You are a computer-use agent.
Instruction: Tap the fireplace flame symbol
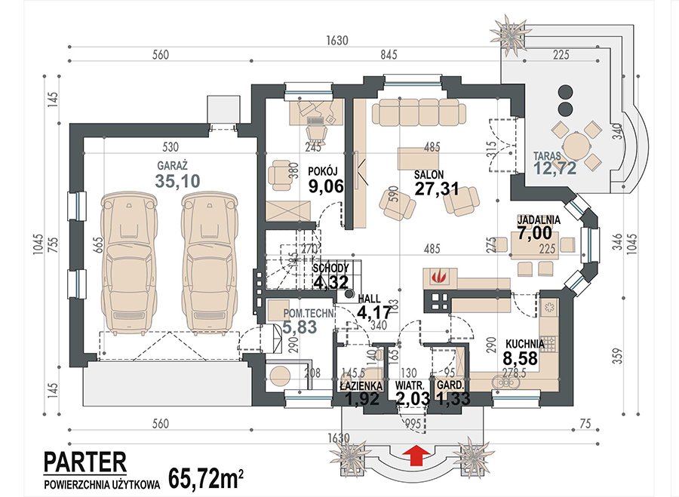(438, 276)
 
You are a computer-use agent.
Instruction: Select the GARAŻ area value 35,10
(177, 182)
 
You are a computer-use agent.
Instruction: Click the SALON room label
(429, 174)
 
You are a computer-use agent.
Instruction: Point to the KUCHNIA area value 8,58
(520, 358)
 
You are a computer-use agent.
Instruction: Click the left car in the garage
(128, 264)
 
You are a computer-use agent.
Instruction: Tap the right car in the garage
(210, 264)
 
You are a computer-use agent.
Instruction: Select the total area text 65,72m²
(205, 478)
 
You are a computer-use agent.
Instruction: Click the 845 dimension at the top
(389, 55)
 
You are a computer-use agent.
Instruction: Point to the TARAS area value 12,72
(555, 168)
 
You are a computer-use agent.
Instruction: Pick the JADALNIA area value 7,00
(535, 233)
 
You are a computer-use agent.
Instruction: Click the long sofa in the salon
(419, 112)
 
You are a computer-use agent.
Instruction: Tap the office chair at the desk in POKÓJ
(315, 127)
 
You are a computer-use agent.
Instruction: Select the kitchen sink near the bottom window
(505, 382)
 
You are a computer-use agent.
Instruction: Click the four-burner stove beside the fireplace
(438, 302)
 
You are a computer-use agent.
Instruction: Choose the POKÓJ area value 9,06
(326, 186)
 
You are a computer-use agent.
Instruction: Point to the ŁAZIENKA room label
(361, 385)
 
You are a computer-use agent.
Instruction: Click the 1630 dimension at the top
(337, 41)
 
